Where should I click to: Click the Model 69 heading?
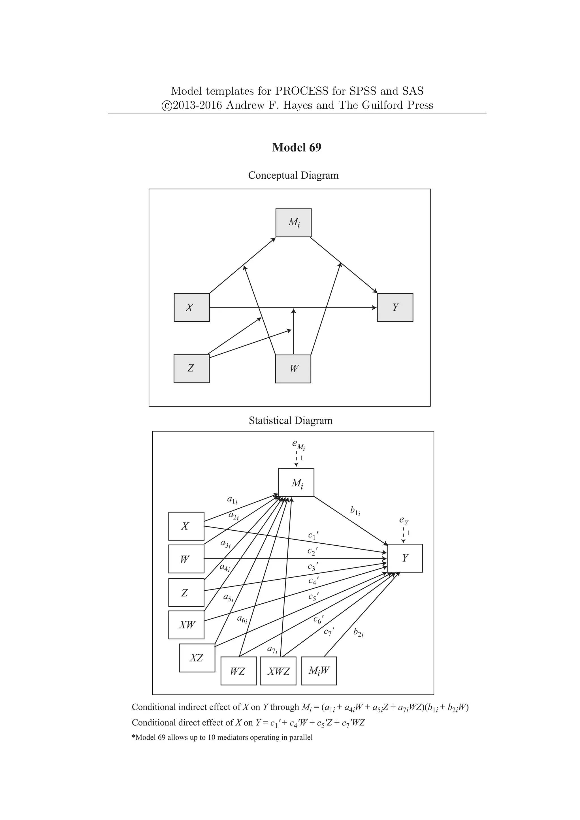pyautogui.click(x=297, y=148)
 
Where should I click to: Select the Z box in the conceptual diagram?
pyautogui.click(x=191, y=369)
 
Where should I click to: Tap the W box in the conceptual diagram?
pyautogui.click(x=293, y=369)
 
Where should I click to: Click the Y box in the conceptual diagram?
pyautogui.click(x=395, y=308)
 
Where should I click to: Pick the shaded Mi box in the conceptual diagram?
pyautogui.click(x=293, y=223)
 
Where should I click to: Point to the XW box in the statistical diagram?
pyautogui.click(x=186, y=625)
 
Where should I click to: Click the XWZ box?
pyautogui.click(x=278, y=671)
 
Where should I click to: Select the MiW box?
pyautogui.click(x=319, y=671)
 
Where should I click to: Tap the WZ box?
pyautogui.click(x=238, y=671)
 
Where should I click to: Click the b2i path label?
pyautogui.click(x=358, y=633)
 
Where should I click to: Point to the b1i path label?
pyautogui.click(x=355, y=511)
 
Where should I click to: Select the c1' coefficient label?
pyautogui.click(x=313, y=536)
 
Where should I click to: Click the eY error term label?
pyautogui.click(x=404, y=520)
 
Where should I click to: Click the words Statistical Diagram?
pyautogui.click(x=290, y=421)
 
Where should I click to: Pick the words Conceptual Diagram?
pyautogui.click(x=293, y=175)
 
